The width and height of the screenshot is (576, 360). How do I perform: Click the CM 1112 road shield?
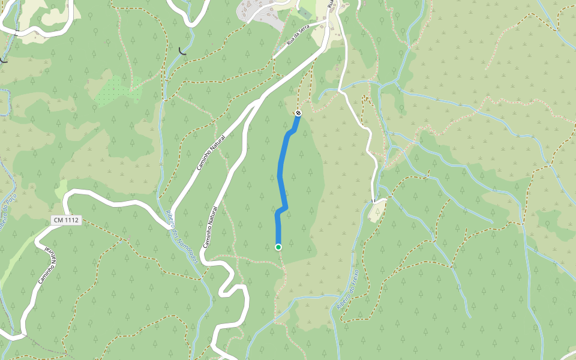click(x=65, y=221)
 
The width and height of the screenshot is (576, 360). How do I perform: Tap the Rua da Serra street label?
click(x=301, y=38)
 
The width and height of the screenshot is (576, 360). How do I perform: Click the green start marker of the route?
click(x=278, y=247)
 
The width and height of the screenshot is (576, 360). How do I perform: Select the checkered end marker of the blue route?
click(x=298, y=113)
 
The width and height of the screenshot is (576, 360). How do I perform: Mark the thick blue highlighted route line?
click(x=281, y=174)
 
